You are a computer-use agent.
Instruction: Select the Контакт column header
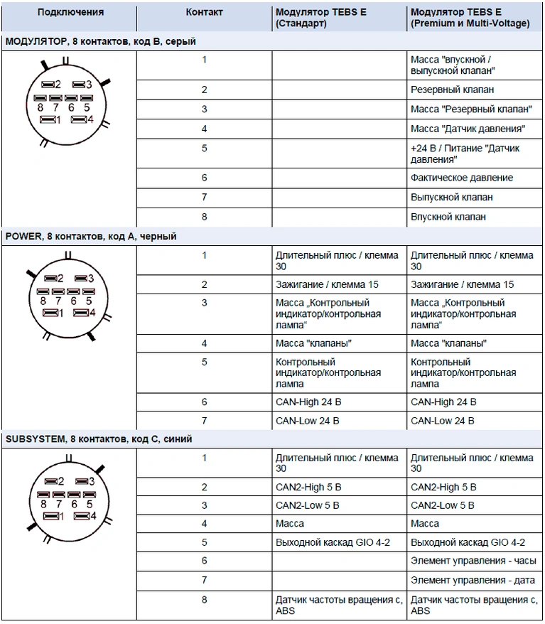[204, 12]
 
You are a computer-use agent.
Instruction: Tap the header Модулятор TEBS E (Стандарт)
[318, 18]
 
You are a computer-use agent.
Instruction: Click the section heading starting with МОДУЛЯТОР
[100, 42]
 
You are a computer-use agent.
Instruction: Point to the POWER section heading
[91, 237]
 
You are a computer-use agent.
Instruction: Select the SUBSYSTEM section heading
[98, 439]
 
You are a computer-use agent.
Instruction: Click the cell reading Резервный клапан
[452, 90]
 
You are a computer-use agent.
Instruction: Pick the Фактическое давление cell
[461, 178]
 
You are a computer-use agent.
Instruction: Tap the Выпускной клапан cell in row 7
[451, 197]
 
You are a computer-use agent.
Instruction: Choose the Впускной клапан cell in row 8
[448, 217]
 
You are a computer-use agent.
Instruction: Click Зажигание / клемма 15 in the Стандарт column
[327, 284]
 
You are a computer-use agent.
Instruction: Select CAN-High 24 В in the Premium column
[443, 402]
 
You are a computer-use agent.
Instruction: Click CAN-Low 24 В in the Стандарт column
[307, 421]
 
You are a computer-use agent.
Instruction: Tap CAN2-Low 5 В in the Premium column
[443, 505]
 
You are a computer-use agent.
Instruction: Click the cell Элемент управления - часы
[473, 561]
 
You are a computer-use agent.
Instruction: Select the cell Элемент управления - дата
[473, 581]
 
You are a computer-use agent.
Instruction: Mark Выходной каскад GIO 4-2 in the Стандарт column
[333, 542]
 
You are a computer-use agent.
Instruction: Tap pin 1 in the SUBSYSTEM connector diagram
[53, 516]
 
